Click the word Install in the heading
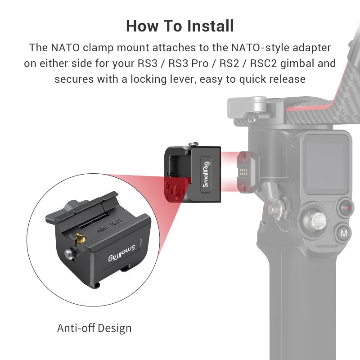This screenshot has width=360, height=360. click(x=207, y=26)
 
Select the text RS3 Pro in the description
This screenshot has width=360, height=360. click(x=187, y=63)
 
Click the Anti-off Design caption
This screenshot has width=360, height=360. click(x=94, y=328)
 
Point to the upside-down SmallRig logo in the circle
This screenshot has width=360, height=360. click(x=125, y=253)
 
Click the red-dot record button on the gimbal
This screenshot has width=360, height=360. click(x=346, y=207)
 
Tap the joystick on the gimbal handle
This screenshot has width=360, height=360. click(x=317, y=220)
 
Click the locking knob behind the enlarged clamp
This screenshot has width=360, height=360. click(x=71, y=207)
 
